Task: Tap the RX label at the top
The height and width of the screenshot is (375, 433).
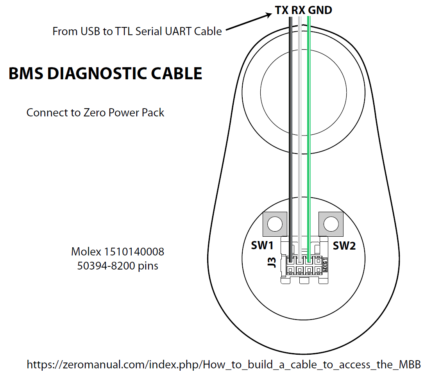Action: click(x=298, y=10)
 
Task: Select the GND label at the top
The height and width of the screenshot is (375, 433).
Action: click(x=320, y=10)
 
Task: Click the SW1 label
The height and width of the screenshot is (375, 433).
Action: click(x=262, y=246)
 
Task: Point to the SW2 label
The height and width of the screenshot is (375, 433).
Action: click(x=344, y=246)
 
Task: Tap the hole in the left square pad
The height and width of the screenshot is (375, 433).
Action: click(x=275, y=224)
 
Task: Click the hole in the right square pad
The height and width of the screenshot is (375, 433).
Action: click(x=331, y=224)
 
